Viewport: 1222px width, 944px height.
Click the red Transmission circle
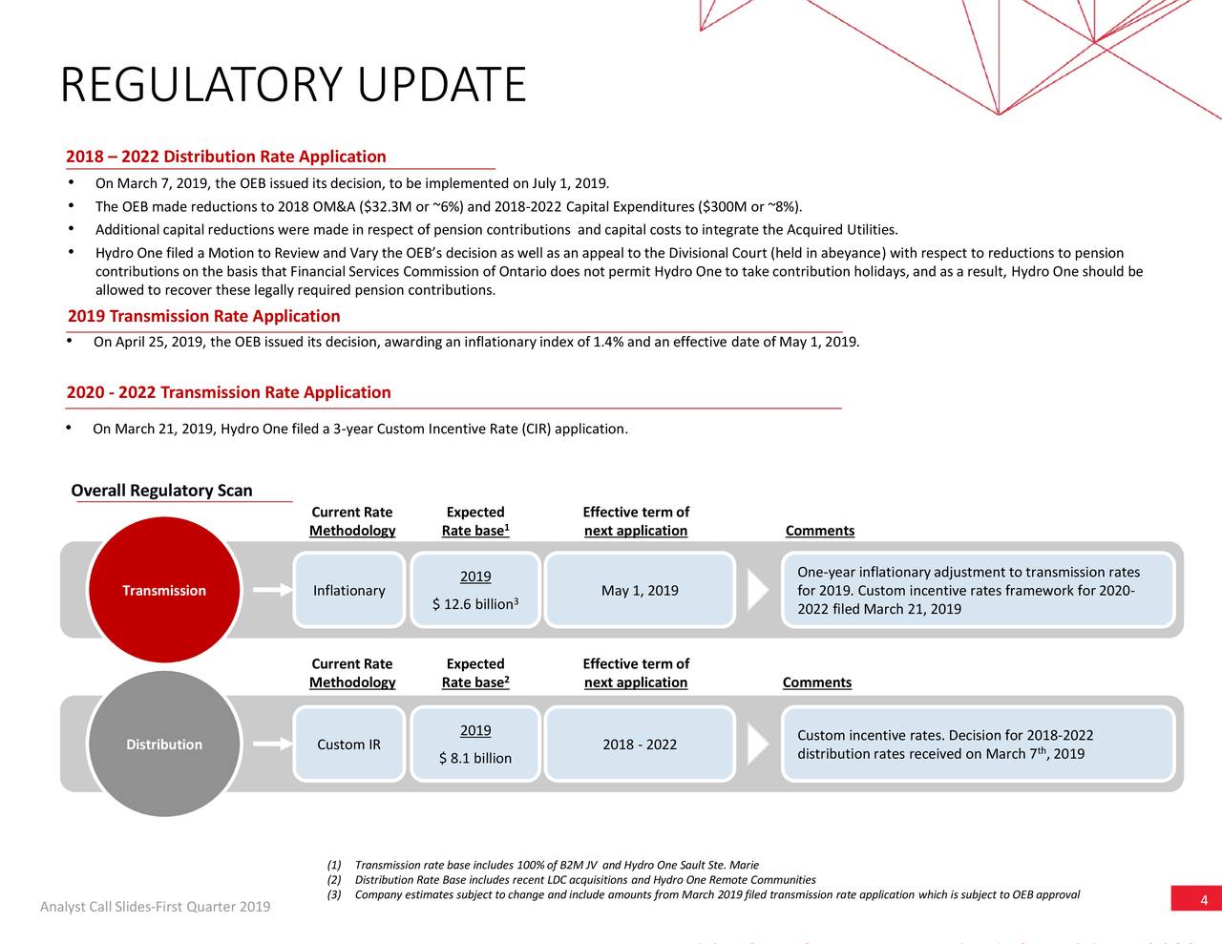(164, 590)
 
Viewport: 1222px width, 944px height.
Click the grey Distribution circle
(164, 744)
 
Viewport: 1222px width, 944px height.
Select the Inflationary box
(349, 590)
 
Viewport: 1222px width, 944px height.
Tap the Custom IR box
(349, 744)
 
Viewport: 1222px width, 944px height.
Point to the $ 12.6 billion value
(475, 604)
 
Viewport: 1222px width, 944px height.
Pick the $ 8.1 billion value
(475, 759)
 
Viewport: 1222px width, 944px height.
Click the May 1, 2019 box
(640, 590)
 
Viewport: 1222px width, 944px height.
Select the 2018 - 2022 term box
(640, 744)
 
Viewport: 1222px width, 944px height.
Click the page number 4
(1204, 900)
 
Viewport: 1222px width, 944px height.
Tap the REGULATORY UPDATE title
(293, 84)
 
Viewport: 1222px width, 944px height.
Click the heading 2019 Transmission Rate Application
(203, 316)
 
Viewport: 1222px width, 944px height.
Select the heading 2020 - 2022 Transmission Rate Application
(228, 392)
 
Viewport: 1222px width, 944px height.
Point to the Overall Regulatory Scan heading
(161, 491)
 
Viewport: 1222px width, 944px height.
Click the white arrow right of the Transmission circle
(273, 590)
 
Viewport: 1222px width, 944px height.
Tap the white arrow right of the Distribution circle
(273, 744)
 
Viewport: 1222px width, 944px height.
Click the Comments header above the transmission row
(820, 530)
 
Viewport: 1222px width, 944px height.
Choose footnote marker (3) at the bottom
(334, 894)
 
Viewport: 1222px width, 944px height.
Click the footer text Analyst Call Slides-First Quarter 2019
(156, 907)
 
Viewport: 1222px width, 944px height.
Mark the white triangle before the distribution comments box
(757, 744)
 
